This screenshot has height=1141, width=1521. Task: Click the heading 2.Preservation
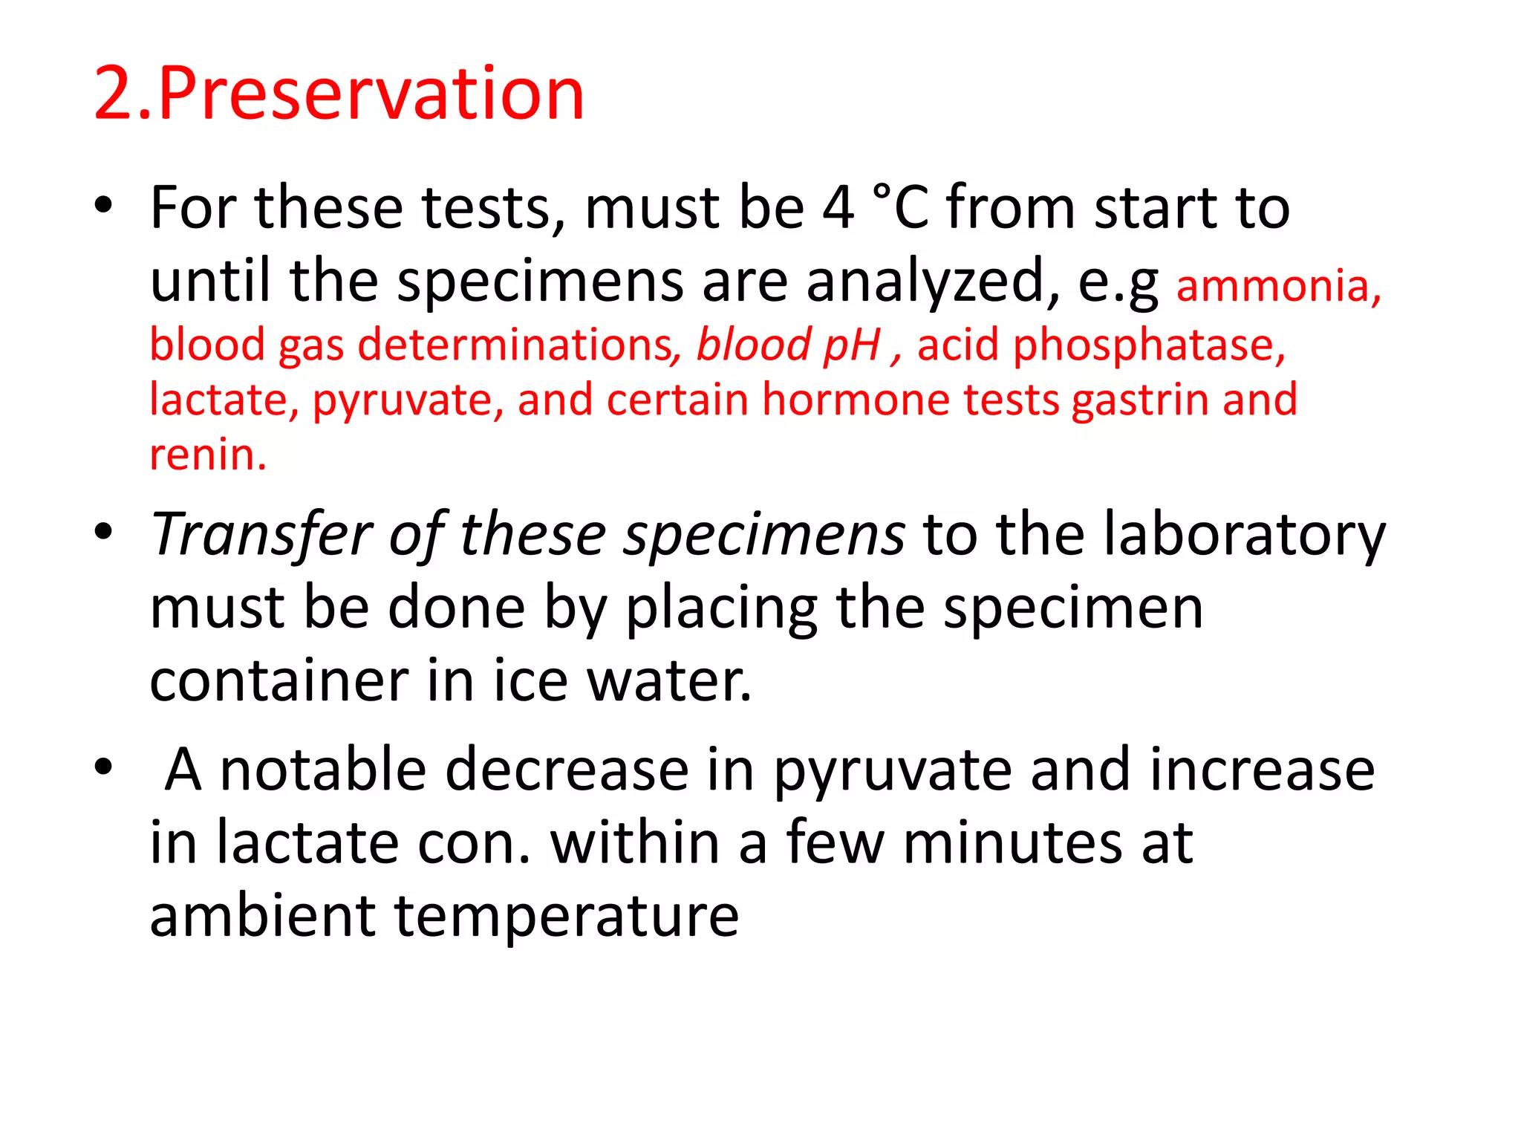pos(339,94)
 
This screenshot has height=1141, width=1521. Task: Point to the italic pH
pos(852,345)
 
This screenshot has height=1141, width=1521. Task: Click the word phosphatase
pos(1148,345)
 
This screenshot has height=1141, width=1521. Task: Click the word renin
pos(207,455)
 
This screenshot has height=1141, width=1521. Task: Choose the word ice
pos(531,680)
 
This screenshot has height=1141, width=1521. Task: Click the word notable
pos(323,770)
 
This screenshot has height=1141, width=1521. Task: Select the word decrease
pos(567,770)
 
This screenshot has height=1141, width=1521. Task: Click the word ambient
pos(262,915)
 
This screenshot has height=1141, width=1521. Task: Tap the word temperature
pos(567,917)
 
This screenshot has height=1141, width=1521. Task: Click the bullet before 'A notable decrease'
pos(103,767)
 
